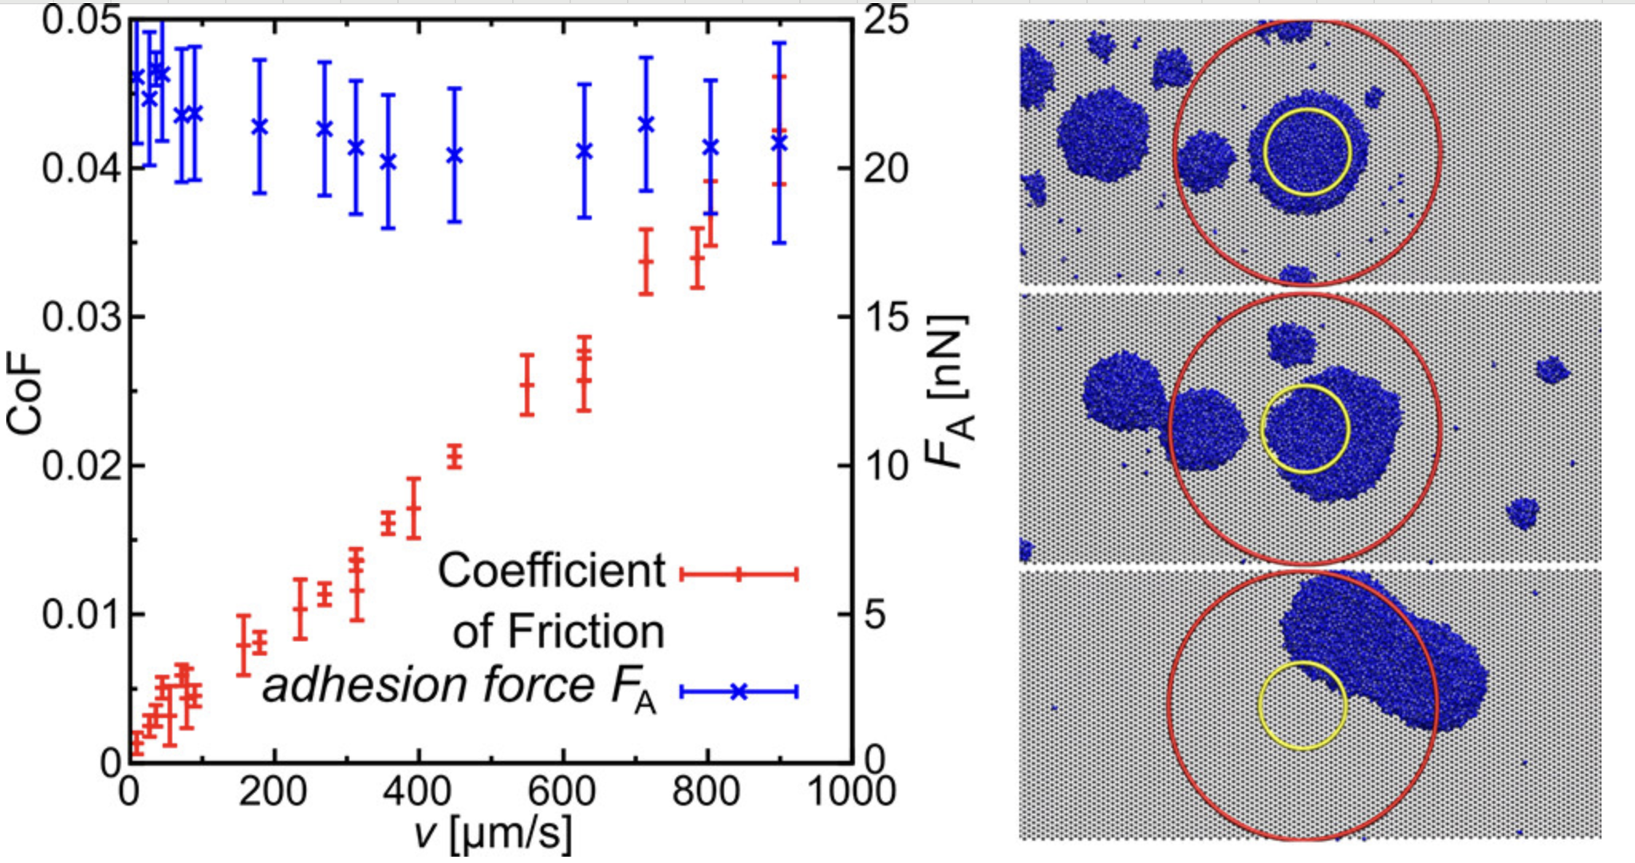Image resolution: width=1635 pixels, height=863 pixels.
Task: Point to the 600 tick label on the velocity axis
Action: point(562,792)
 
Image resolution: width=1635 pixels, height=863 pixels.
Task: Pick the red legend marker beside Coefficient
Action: point(739,573)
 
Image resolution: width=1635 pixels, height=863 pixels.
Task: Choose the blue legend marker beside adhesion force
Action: point(739,692)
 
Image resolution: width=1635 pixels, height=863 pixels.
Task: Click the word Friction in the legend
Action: point(585,632)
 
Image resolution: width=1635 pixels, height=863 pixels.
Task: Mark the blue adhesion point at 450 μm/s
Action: point(455,155)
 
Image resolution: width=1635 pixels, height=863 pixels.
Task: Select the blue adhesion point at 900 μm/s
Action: point(779,143)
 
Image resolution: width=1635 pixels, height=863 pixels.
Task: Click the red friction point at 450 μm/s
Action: point(455,457)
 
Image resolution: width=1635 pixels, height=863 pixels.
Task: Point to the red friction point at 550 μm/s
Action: point(526,385)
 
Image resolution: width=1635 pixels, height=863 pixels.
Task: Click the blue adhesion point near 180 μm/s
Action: point(259,126)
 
